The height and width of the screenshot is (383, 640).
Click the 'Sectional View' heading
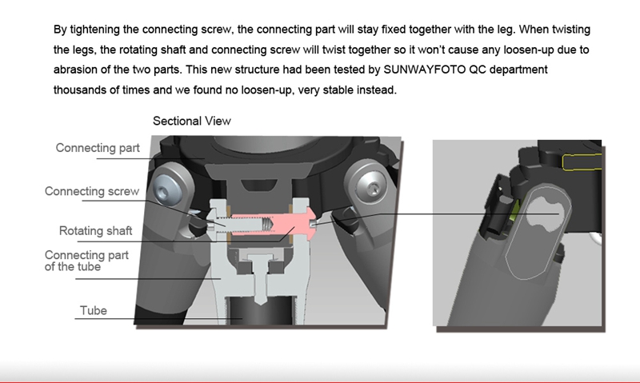click(192, 122)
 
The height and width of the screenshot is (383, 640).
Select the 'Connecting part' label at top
click(98, 148)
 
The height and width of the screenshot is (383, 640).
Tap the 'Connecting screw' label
click(92, 192)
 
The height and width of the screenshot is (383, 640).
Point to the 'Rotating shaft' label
click(96, 232)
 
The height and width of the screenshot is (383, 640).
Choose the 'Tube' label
click(94, 310)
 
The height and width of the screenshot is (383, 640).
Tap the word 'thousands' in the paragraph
click(83, 90)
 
